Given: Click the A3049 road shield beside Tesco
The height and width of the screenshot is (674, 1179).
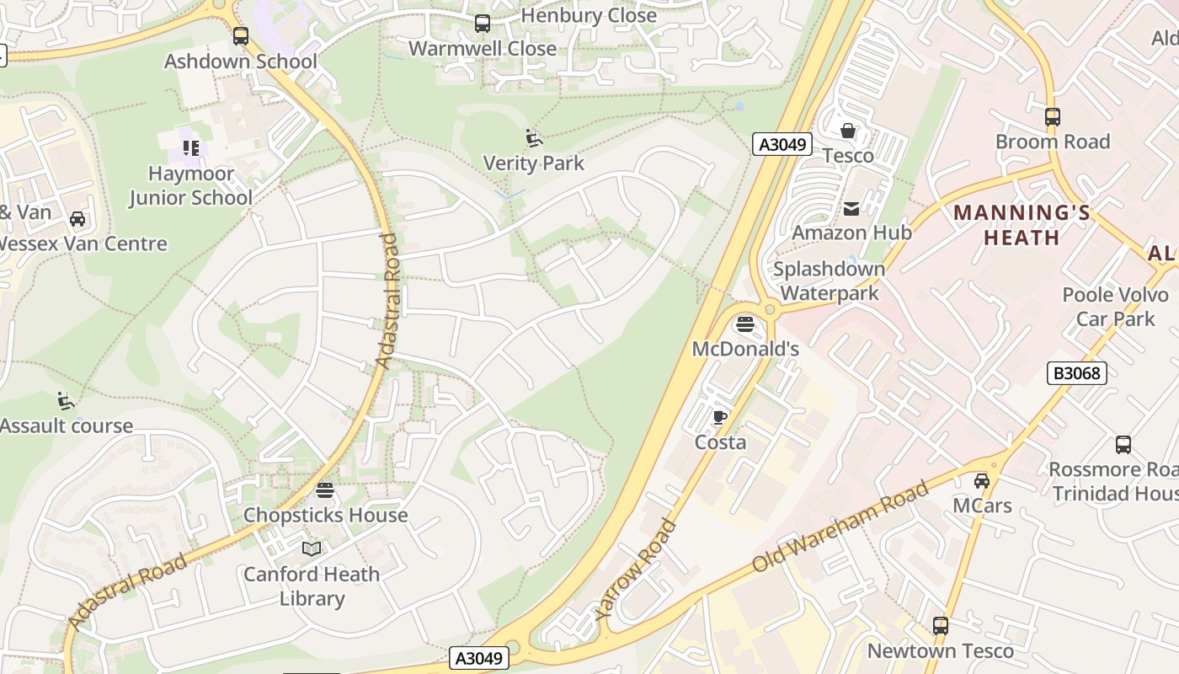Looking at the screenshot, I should pyautogui.click(x=782, y=144).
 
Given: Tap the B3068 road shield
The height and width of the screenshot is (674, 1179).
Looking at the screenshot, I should pyautogui.click(x=1076, y=372).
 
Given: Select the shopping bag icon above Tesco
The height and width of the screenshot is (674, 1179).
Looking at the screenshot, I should pyautogui.click(x=848, y=131).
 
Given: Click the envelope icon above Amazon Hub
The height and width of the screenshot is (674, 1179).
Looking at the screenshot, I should pyautogui.click(x=851, y=208).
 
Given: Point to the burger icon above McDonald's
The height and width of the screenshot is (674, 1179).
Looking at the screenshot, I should pyautogui.click(x=744, y=324).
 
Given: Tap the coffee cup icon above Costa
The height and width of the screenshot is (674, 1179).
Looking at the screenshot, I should pyautogui.click(x=720, y=417).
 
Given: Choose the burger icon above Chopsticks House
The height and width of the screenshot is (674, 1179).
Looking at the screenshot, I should pyautogui.click(x=325, y=490).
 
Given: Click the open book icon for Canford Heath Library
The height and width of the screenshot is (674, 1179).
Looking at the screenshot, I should pyautogui.click(x=312, y=549).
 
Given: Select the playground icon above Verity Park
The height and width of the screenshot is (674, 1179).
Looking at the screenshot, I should pyautogui.click(x=533, y=137).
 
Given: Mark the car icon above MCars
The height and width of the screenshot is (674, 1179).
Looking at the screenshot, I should pyautogui.click(x=982, y=481).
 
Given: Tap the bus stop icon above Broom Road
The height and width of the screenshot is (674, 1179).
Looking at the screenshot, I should pyautogui.click(x=1053, y=117).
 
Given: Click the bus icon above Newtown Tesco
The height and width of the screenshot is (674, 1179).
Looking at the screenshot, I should pyautogui.click(x=941, y=626).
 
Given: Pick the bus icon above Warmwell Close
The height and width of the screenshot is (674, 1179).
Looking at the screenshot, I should pyautogui.click(x=483, y=24).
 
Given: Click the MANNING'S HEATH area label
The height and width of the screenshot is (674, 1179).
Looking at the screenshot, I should pyautogui.click(x=1022, y=225).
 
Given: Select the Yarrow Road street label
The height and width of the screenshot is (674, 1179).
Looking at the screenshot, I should pyautogui.click(x=636, y=570).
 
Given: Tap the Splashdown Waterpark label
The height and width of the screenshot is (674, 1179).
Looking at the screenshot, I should pyautogui.click(x=830, y=281).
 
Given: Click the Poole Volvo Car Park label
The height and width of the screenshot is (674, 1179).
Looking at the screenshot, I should pyautogui.click(x=1115, y=307).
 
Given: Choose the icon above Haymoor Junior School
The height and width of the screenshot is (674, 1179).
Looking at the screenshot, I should pyautogui.click(x=191, y=148).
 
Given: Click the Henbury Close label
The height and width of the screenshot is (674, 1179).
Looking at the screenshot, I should pyautogui.click(x=589, y=15).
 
